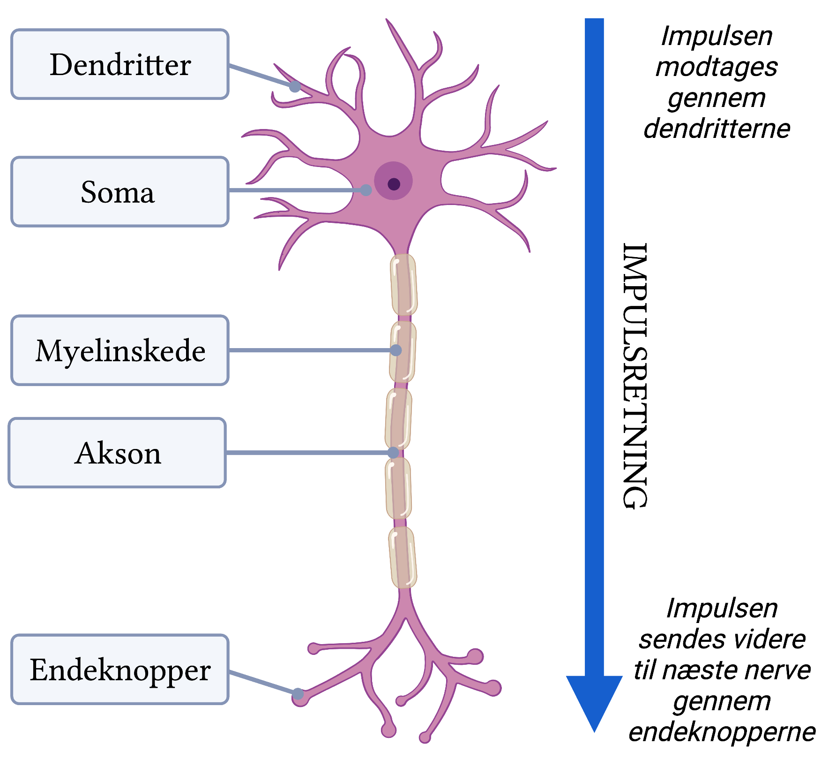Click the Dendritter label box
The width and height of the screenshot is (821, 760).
pyautogui.click(x=120, y=64)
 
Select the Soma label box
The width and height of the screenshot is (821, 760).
pyautogui.click(x=120, y=192)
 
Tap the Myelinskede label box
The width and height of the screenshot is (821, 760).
pyautogui.click(x=120, y=350)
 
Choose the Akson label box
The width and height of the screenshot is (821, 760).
pyautogui.click(x=117, y=453)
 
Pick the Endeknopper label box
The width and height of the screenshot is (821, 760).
pyautogui.click(x=120, y=669)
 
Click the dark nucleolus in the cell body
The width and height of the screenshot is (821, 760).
pyautogui.click(x=394, y=184)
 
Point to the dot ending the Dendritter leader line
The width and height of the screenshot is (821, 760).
pyautogui.click(x=295, y=86)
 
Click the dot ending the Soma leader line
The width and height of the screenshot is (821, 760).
pyautogui.click(x=366, y=190)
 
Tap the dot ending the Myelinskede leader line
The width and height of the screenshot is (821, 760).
pyautogui.click(x=396, y=350)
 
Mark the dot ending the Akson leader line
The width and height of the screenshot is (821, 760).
pyautogui.click(x=393, y=452)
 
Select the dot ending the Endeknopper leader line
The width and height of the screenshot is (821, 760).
pyautogui.click(x=298, y=693)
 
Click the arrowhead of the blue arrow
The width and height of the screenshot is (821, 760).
pyautogui.click(x=594, y=699)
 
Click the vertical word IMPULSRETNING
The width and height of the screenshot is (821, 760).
pyautogui.click(x=635, y=375)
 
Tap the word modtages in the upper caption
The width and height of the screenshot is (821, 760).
pyautogui.click(x=717, y=67)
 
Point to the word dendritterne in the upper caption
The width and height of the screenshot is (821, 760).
pyautogui.click(x=717, y=129)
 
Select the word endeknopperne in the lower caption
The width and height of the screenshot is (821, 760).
pyautogui.click(x=722, y=732)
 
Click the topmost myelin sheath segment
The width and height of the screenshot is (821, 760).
pyautogui.click(x=403, y=284)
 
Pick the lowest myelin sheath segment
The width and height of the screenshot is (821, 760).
pyautogui.click(x=403, y=557)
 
